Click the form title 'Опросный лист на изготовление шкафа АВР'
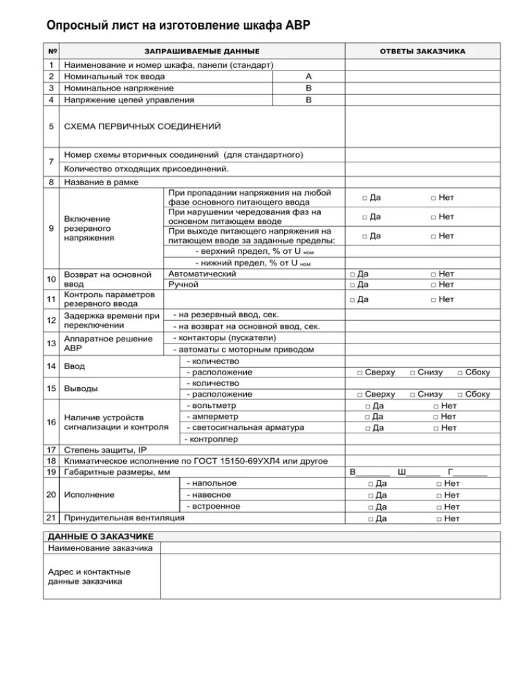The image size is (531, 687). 178,26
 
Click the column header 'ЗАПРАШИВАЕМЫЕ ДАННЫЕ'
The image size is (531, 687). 202,52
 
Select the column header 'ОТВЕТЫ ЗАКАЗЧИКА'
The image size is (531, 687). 422,52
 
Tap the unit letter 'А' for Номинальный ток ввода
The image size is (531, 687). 308,77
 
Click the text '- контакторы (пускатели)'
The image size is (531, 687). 225,338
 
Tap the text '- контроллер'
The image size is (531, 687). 211,439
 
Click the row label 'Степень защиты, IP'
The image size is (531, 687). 105,450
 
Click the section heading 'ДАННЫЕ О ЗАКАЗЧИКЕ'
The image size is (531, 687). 100,536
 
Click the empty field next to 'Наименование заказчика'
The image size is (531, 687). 330,548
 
